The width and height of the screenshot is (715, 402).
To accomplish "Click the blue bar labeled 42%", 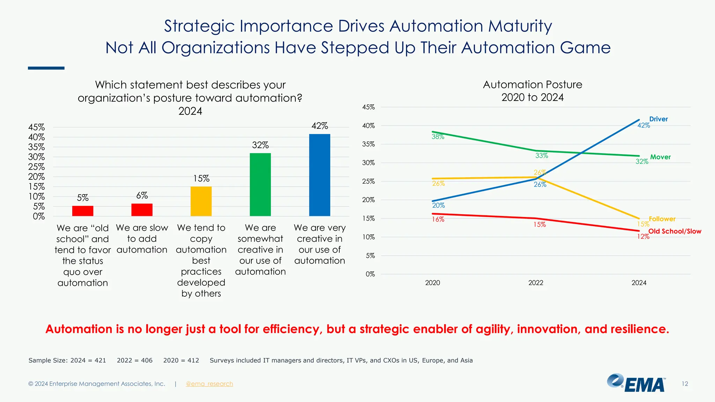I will [x=319, y=175].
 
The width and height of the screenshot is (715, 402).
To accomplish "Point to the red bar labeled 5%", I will [x=83, y=211].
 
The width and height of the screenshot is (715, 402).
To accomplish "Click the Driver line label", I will [x=658, y=119].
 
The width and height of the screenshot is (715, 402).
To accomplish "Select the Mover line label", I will [x=660, y=157].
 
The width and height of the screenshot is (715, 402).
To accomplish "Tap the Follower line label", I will [x=662, y=219].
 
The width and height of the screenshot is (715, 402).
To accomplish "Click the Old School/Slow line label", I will [x=675, y=231].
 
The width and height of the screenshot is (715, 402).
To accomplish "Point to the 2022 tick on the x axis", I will [x=536, y=283].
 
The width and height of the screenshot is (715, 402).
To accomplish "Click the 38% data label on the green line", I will [x=438, y=137].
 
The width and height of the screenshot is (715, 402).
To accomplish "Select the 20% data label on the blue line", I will [x=438, y=206].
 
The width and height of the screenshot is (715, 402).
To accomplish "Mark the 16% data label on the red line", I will [x=438, y=219].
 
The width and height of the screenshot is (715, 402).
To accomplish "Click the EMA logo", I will [x=636, y=383].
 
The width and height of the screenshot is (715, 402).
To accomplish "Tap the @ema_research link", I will [x=209, y=384].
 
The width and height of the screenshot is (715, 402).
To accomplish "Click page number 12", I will [x=685, y=384].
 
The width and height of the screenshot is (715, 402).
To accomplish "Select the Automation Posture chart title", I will [x=532, y=91].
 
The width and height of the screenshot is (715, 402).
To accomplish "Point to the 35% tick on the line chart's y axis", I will [x=368, y=144].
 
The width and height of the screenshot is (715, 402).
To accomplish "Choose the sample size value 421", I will [x=100, y=360].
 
